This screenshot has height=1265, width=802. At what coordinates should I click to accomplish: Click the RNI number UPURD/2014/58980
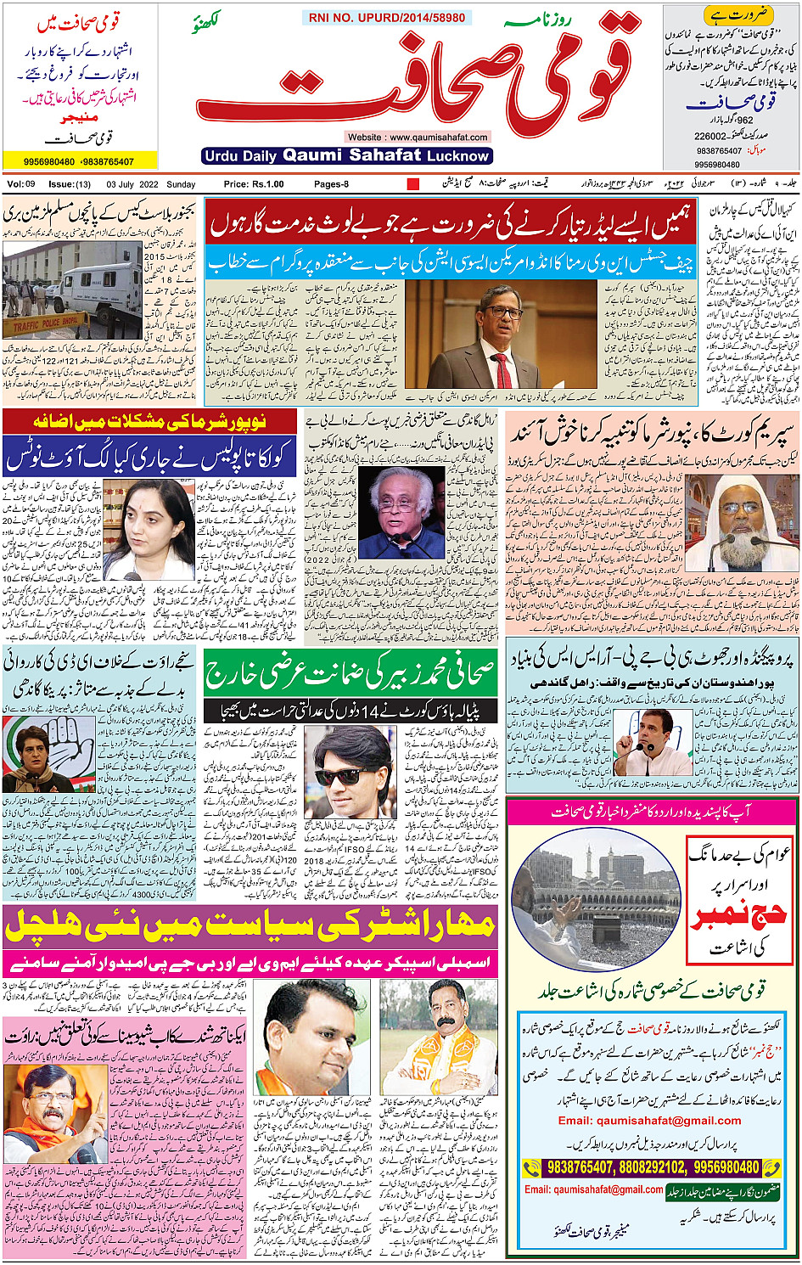(x=387, y=17)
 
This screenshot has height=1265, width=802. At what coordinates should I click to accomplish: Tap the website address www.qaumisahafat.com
(x=418, y=137)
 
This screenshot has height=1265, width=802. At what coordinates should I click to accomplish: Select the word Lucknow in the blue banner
(x=458, y=156)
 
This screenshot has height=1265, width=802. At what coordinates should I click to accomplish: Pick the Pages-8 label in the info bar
(x=331, y=184)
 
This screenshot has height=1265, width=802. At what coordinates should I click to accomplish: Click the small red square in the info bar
(x=413, y=184)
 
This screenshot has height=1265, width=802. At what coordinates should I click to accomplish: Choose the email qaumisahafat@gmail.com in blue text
(x=649, y=1121)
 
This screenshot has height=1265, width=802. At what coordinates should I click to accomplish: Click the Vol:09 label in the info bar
(x=21, y=184)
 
